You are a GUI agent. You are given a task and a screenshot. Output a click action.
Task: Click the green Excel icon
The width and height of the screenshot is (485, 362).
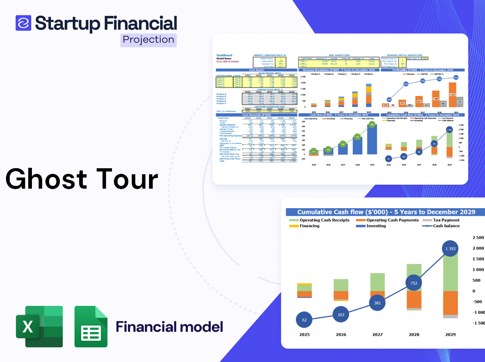pos(39,326)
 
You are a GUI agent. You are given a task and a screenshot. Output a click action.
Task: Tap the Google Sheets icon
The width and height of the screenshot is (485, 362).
pos(91,326)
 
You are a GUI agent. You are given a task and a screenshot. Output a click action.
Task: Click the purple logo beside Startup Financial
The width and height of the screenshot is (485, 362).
pos(23,23)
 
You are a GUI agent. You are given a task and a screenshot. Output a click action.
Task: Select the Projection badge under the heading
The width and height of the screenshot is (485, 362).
pos(148,40)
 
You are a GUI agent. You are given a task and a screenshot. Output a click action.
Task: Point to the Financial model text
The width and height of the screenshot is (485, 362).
pos(169,327)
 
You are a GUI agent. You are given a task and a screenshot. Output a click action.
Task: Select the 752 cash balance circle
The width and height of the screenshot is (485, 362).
pos(414,283)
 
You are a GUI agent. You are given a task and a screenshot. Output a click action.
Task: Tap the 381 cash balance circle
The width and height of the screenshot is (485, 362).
pos(378,303)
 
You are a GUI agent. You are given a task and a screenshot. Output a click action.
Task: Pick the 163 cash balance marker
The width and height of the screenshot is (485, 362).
pos(341,315)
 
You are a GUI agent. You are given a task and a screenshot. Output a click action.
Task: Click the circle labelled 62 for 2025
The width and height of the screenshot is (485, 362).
pos(304,319)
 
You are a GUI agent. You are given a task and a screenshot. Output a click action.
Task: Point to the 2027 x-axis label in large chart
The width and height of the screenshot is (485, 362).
pos(378,334)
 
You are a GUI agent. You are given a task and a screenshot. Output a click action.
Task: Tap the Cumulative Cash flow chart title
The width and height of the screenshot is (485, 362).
pos(386,212)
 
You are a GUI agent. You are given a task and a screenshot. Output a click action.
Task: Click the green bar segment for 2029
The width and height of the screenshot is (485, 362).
pos(450,273)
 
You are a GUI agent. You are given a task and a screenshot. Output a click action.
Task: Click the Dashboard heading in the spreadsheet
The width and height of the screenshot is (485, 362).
pos(224,55)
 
